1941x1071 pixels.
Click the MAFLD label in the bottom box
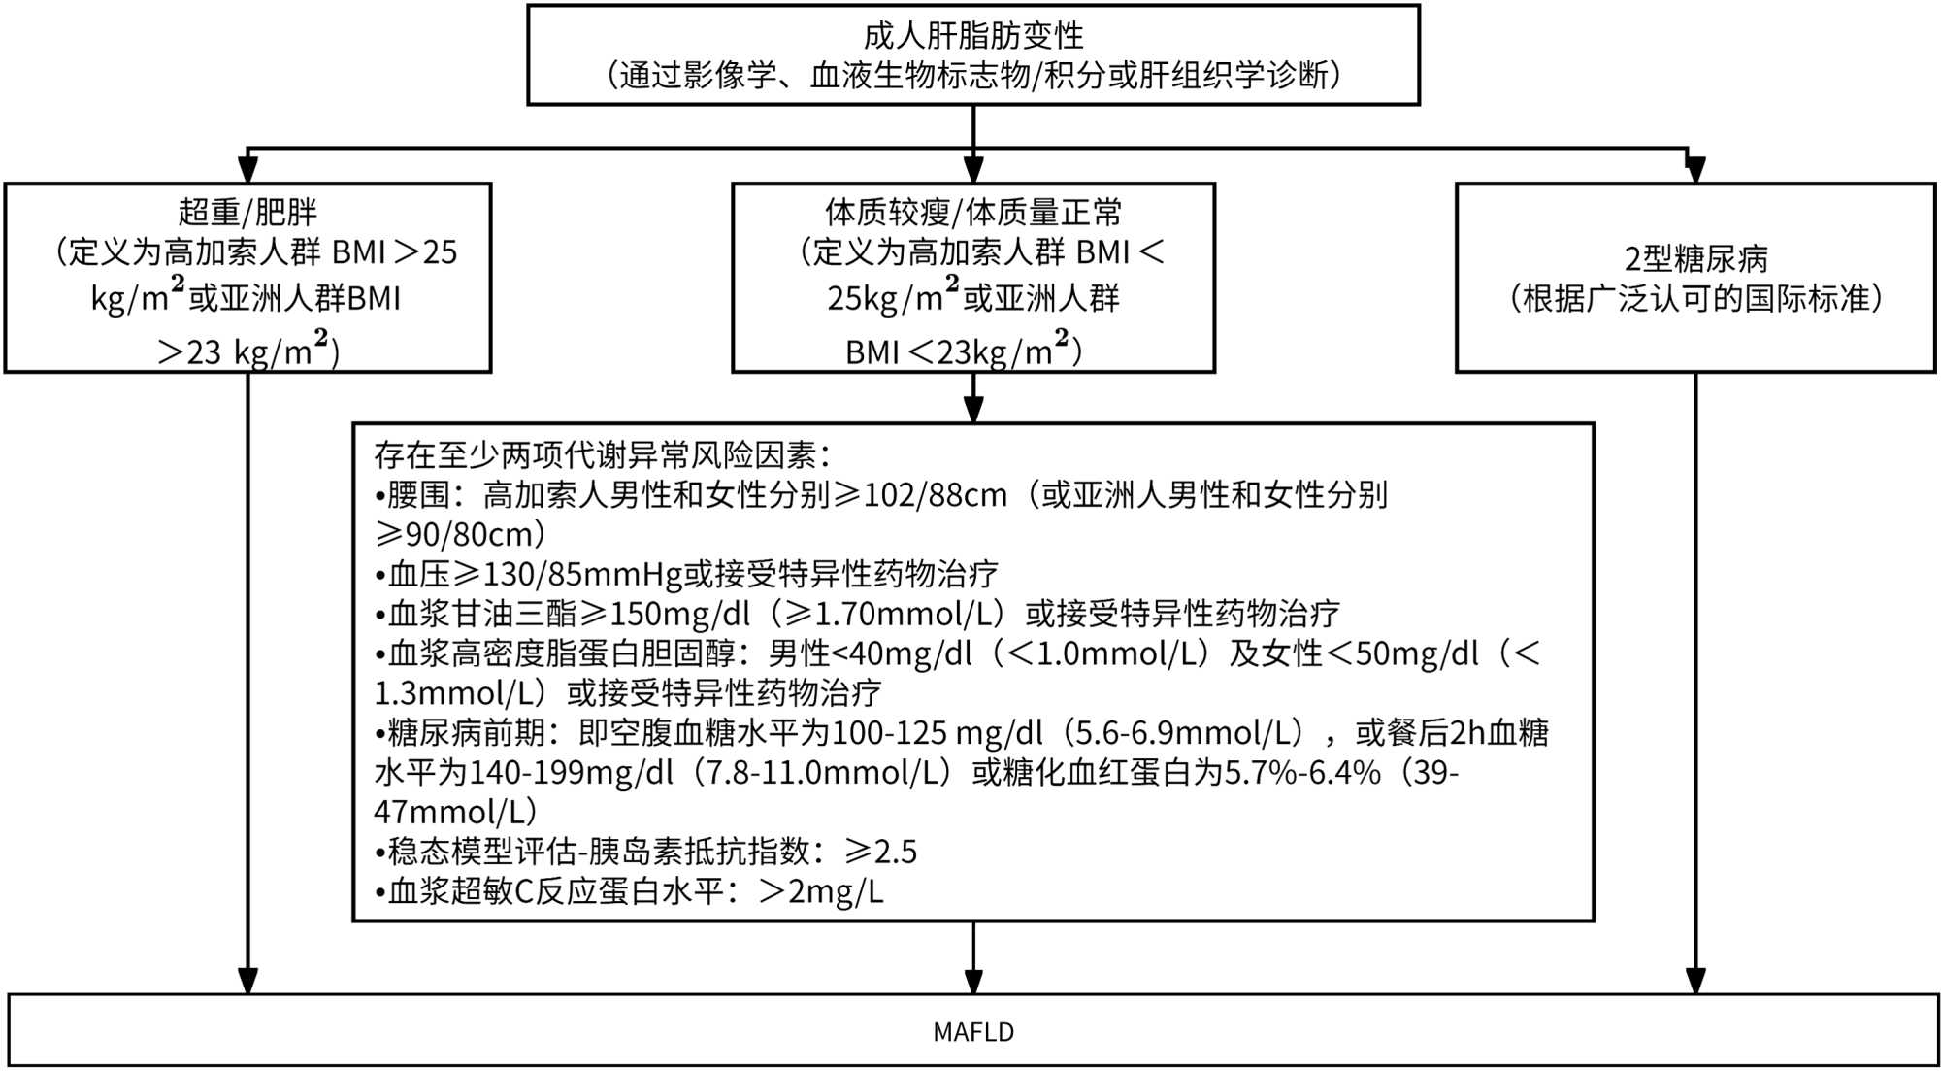pos(972,1032)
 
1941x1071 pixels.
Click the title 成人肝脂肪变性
pos(972,36)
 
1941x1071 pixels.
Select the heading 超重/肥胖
pos(247,212)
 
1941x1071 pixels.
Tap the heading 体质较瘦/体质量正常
pos(972,212)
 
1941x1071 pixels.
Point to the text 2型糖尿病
pos(1695,258)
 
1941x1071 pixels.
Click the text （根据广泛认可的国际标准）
pos(1695,298)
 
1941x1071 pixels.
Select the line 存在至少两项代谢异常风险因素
pos(602,454)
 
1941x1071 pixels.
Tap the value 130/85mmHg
pos(583,575)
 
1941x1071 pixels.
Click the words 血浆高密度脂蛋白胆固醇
pos(562,653)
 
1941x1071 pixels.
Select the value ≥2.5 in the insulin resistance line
pos(881,852)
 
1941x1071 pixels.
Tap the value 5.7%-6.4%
pos(1301,773)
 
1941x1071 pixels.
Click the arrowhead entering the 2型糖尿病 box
pos(1695,169)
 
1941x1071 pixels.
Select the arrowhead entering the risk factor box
pos(973,409)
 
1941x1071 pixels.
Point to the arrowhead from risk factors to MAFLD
pos(973,981)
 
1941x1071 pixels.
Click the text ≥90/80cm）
pos(460,535)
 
